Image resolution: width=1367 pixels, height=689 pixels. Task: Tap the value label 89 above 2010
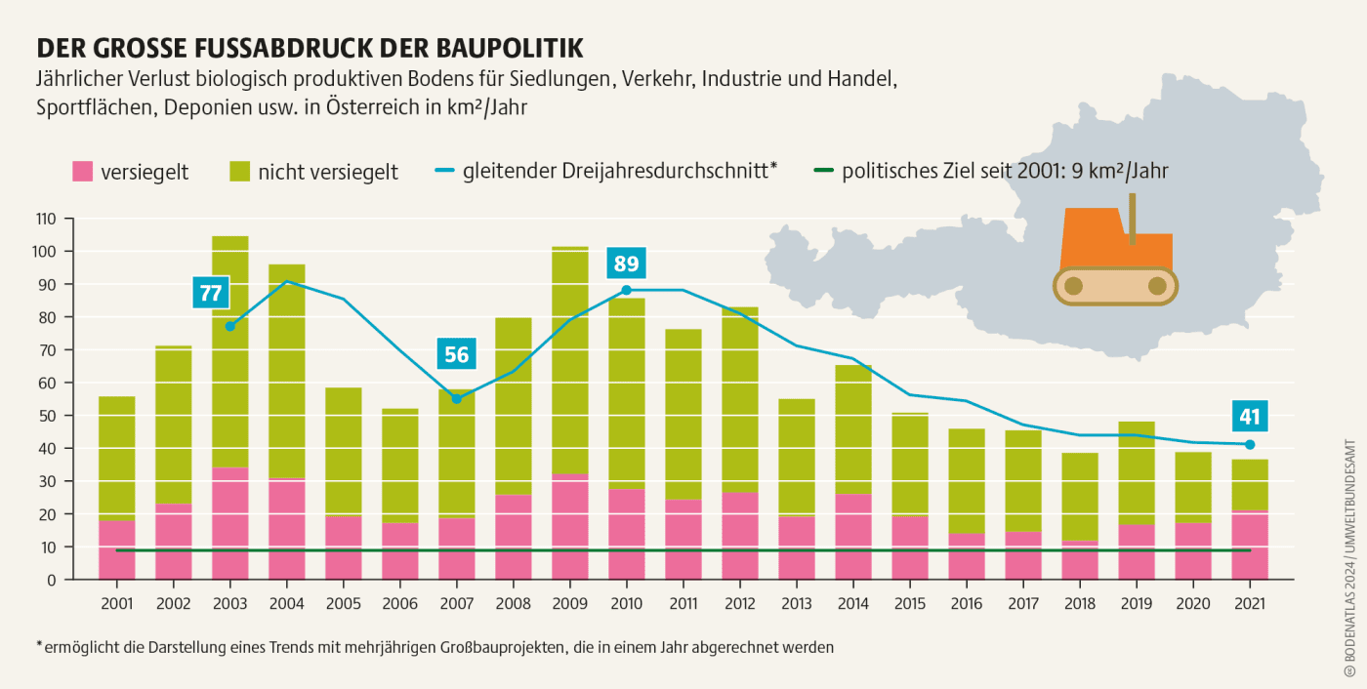click(x=626, y=264)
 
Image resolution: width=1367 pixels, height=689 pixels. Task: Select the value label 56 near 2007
click(x=456, y=354)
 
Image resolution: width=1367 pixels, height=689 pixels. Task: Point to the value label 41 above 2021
click(x=1250, y=418)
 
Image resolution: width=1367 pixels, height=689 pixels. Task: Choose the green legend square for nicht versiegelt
click(x=240, y=172)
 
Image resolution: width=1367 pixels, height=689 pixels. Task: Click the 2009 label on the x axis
click(x=569, y=603)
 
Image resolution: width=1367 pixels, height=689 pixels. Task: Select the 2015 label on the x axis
click(x=909, y=603)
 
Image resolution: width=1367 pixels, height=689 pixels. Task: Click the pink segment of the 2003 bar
click(x=229, y=523)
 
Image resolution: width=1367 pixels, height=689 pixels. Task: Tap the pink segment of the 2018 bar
click(x=1079, y=559)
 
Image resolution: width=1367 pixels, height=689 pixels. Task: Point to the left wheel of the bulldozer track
click(x=1073, y=286)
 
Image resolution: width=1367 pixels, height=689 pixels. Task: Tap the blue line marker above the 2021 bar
click(x=1250, y=445)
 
